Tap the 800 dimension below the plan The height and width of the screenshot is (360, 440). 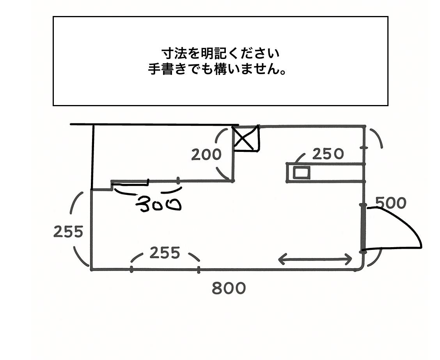pyautogui.click(x=229, y=289)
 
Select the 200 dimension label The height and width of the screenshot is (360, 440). pyautogui.click(x=206, y=155)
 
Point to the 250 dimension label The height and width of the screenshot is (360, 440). pyautogui.click(x=328, y=154)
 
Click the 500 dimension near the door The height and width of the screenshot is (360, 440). pyautogui.click(x=390, y=203)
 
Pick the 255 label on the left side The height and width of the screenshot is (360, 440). pyautogui.click(x=68, y=232)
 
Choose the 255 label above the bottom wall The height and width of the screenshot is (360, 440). pyautogui.click(x=165, y=253)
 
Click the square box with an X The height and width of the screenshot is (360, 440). pyautogui.click(x=246, y=139)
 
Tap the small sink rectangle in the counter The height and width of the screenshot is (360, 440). pyautogui.click(x=302, y=172)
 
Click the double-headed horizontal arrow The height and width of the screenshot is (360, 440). pyautogui.click(x=315, y=259)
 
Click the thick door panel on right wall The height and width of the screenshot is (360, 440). pyautogui.click(x=363, y=228)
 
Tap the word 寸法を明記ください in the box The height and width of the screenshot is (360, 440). pyautogui.click(x=221, y=53)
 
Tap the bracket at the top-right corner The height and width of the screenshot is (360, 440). pyautogui.click(x=376, y=139)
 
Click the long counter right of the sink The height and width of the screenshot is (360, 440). pyautogui.click(x=337, y=173)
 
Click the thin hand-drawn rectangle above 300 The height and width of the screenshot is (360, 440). pyautogui.click(x=130, y=182)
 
